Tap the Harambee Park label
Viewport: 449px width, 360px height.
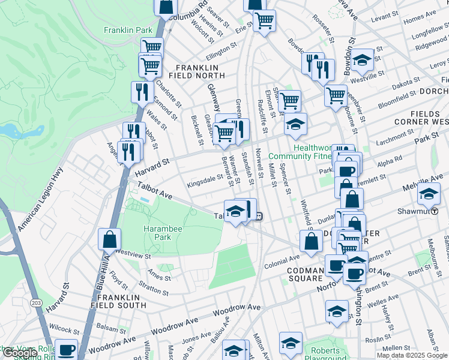click(157, 232)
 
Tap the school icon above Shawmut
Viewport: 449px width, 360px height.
click(429, 194)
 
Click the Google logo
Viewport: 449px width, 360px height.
click(20, 353)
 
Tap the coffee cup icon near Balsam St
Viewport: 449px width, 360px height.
click(66, 349)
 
